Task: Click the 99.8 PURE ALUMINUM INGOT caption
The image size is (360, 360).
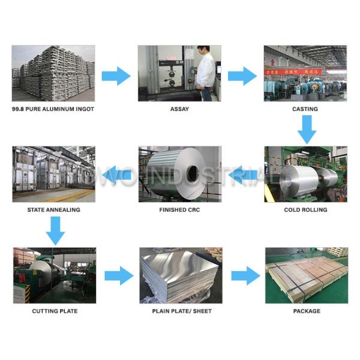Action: [x=53, y=109]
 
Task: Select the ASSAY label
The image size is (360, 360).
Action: [x=179, y=109]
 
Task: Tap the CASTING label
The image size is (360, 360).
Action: [x=305, y=109]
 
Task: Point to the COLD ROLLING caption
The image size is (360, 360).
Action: [x=305, y=210]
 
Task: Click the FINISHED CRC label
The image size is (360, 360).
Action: [x=179, y=210]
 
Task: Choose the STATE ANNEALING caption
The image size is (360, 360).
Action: [x=53, y=210]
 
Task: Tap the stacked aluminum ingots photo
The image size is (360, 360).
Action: [x=53, y=73]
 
